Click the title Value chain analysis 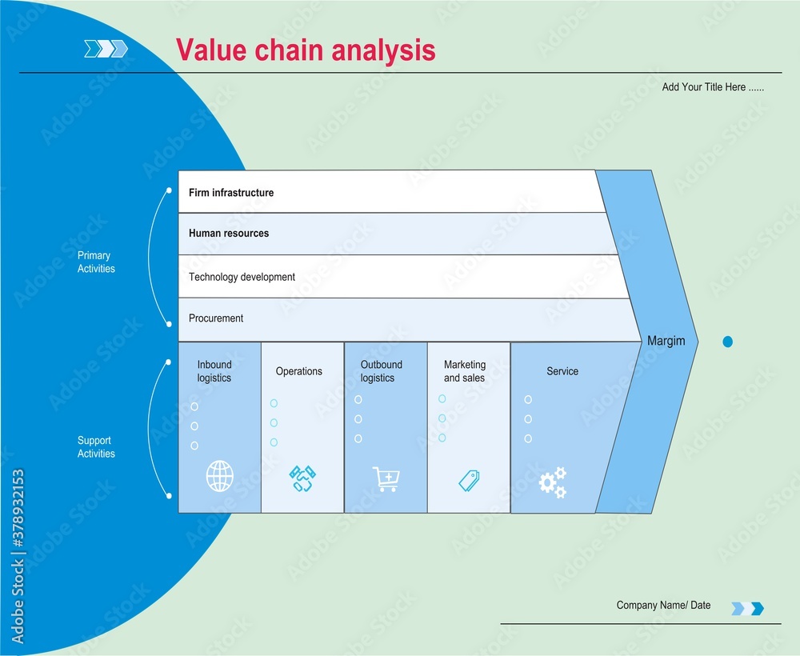(x=306, y=50)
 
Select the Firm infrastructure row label (x=231, y=193)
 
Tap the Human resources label (x=229, y=234)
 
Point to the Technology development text (x=242, y=277)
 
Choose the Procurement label (x=216, y=318)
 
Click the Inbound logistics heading (x=214, y=371)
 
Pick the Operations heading (x=299, y=371)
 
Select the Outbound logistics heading (x=381, y=371)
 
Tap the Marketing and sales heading (x=465, y=371)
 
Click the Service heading (x=562, y=371)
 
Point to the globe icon (x=220, y=476)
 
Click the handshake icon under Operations (x=302, y=478)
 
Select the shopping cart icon (x=386, y=478)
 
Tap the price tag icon (x=469, y=480)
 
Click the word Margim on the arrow (x=666, y=341)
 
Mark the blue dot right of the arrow (x=727, y=342)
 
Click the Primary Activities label (x=96, y=262)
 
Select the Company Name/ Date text (x=663, y=606)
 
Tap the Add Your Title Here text (x=712, y=87)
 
